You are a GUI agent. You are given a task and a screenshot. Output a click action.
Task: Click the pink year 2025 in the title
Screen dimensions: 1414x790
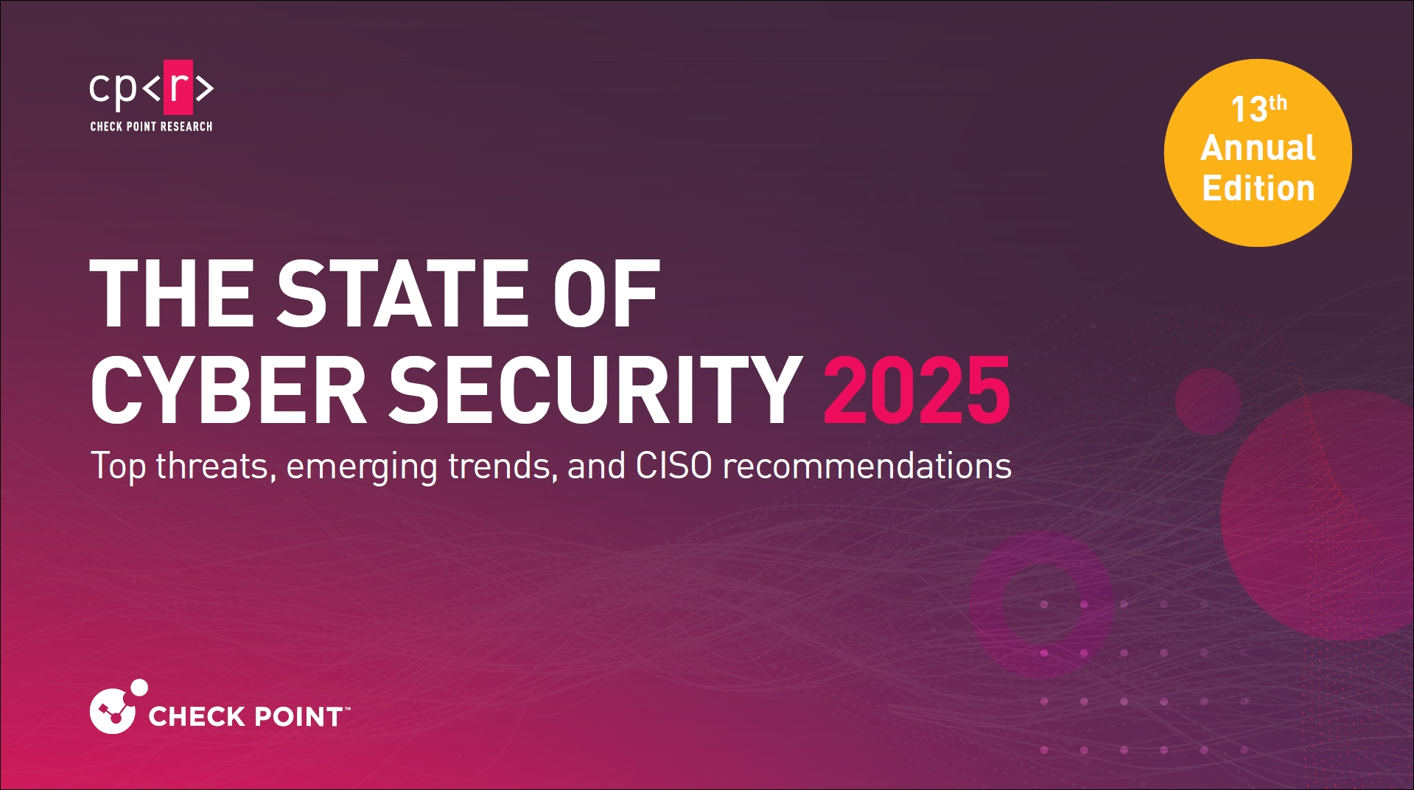(917, 390)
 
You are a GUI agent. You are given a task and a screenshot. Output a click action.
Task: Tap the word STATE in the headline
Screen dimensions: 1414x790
(401, 293)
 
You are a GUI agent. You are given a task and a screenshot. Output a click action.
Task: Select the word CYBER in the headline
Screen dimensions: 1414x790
(228, 390)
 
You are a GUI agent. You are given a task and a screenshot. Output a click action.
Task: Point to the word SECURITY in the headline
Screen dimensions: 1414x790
(595, 390)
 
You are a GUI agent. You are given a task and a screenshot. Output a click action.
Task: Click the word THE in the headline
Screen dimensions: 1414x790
(172, 293)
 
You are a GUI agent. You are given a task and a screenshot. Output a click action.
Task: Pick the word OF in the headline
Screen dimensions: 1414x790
(606, 293)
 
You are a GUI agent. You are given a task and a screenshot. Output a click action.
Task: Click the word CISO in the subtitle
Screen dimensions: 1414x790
(673, 466)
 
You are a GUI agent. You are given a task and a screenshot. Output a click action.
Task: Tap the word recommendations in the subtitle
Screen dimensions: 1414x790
(867, 466)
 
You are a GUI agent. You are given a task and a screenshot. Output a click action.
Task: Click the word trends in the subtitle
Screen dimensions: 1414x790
(503, 466)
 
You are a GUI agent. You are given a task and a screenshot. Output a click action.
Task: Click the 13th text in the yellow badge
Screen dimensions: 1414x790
(1259, 109)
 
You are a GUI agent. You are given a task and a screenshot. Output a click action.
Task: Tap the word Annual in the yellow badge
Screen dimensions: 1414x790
(1258, 148)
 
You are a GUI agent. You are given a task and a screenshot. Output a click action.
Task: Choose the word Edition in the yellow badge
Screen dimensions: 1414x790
(1259, 188)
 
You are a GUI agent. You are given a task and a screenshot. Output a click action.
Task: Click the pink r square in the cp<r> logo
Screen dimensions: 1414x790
(178, 87)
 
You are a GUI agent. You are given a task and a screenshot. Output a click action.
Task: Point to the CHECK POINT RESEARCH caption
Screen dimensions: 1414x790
(151, 127)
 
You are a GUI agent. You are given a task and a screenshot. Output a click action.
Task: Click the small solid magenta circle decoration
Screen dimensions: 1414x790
(1208, 402)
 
